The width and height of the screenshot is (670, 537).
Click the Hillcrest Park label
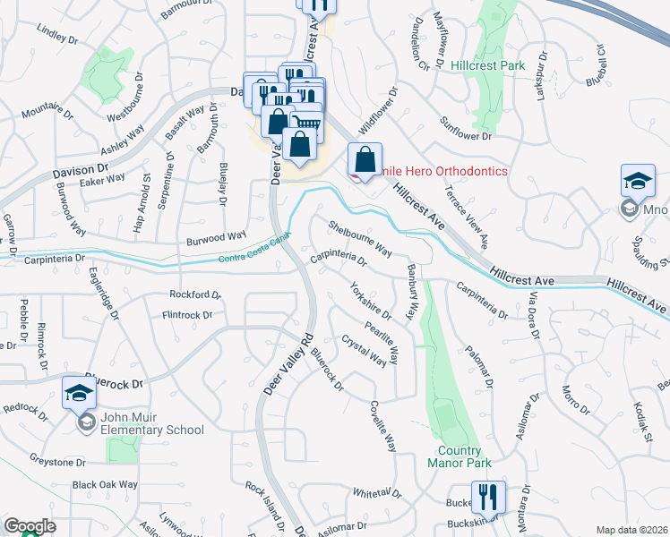click(x=487, y=65)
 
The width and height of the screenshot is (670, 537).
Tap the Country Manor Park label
click(x=460, y=458)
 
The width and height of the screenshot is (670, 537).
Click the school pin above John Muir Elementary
click(x=79, y=393)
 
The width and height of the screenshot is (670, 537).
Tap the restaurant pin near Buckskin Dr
click(x=487, y=498)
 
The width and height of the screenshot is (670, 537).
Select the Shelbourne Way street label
click(x=360, y=236)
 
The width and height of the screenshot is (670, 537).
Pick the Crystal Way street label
click(x=364, y=350)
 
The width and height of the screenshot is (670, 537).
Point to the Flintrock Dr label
click(x=187, y=315)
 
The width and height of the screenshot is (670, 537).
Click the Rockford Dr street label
click(x=194, y=294)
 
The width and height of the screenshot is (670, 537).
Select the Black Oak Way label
click(x=105, y=484)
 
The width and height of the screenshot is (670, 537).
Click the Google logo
click(x=30, y=526)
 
